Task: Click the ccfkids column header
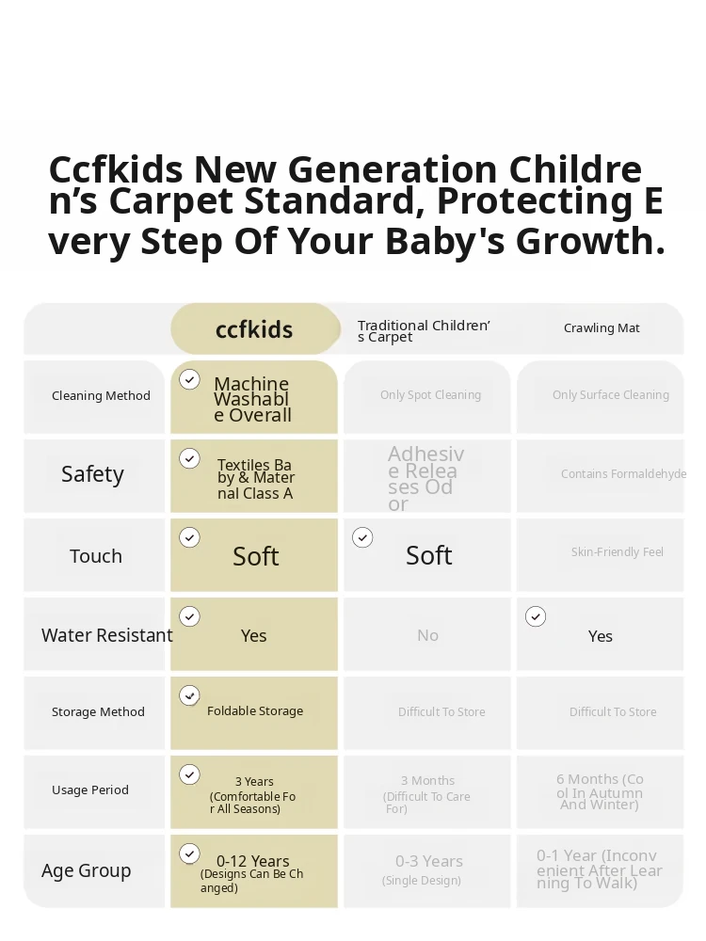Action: pyautogui.click(x=254, y=329)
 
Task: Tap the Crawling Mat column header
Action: pyautogui.click(x=602, y=327)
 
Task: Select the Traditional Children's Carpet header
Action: pyautogui.click(x=424, y=330)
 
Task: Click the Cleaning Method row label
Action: pyautogui.click(x=101, y=395)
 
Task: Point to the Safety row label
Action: pyautogui.click(x=92, y=474)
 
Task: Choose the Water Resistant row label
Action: pyautogui.click(x=107, y=635)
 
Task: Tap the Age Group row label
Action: pyautogui.click(x=86, y=870)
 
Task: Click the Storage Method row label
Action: pyautogui.click(x=98, y=711)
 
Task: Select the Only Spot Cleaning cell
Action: pyautogui.click(x=430, y=395)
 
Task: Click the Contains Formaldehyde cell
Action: pyautogui.click(x=624, y=473)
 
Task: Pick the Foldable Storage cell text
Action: pyautogui.click(x=255, y=710)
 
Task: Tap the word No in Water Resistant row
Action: pyautogui.click(x=428, y=635)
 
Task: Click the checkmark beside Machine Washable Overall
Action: pyautogui.click(x=190, y=379)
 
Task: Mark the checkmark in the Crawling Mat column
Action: pyautogui.click(x=536, y=616)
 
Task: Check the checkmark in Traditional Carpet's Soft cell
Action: pyautogui.click(x=362, y=537)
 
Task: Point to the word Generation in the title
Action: pyautogui.click(x=396, y=169)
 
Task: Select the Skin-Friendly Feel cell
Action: pyautogui.click(x=618, y=551)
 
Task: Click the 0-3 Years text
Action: pyautogui.click(x=429, y=861)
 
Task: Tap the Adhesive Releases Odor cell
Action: pyautogui.click(x=425, y=478)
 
